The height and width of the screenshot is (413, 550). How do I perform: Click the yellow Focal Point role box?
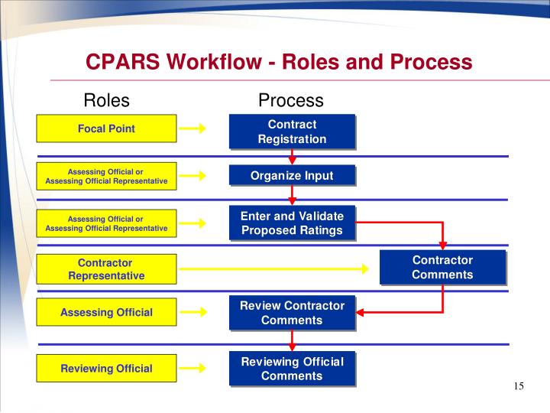tap(106, 128)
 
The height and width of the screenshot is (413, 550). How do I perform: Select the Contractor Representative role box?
tap(106, 269)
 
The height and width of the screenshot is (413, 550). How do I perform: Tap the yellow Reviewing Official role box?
tap(106, 369)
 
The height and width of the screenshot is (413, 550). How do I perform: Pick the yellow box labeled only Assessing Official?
tap(106, 312)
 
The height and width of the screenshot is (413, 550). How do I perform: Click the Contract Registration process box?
tap(292, 132)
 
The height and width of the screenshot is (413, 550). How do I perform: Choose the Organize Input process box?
tap(292, 175)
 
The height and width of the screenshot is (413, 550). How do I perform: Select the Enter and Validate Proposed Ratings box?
tap(292, 223)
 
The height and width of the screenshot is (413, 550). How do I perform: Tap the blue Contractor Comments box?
tap(442, 268)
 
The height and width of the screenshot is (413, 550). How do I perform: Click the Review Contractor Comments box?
tap(292, 313)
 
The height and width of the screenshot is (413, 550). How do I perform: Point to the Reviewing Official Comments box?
tap(292, 369)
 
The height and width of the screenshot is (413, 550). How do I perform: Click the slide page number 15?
tap(519, 386)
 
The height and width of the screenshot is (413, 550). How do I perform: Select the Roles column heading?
tap(106, 100)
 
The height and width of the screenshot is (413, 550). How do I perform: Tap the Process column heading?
tap(290, 100)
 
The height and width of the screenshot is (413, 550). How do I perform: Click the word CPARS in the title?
tap(122, 62)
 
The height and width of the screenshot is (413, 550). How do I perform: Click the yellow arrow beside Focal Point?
tap(196, 128)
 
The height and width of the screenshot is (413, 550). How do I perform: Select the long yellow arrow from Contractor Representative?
tap(275, 268)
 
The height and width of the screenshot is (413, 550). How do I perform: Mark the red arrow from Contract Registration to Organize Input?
tap(292, 157)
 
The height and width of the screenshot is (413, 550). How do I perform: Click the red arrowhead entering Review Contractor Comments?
tap(362, 312)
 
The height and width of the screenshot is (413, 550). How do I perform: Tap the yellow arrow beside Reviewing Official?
tap(196, 369)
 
